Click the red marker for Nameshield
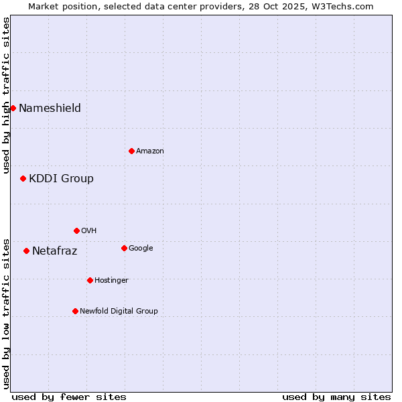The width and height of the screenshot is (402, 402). [13, 108]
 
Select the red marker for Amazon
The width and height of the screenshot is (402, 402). [131, 151]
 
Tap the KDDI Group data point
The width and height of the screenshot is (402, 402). [23, 178]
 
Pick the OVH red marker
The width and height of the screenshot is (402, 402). [76, 230]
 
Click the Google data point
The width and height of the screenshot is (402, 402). [124, 248]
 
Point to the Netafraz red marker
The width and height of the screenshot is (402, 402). [26, 251]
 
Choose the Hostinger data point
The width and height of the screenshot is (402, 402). [90, 280]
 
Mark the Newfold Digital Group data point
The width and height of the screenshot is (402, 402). [75, 311]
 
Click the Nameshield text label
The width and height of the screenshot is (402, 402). [50, 108]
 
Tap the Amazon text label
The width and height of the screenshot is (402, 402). [150, 151]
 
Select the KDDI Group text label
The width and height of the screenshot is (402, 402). [61, 178]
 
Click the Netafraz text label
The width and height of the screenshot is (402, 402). [54, 251]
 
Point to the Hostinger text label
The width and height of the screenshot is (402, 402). [111, 280]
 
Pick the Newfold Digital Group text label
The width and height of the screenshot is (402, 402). [119, 311]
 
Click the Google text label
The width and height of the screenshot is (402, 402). [141, 248]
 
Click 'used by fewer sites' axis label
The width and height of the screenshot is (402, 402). [69, 397]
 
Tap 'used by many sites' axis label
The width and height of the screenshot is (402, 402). [336, 397]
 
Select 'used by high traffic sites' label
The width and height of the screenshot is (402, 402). [6, 95]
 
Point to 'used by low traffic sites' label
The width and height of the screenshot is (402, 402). [6, 313]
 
